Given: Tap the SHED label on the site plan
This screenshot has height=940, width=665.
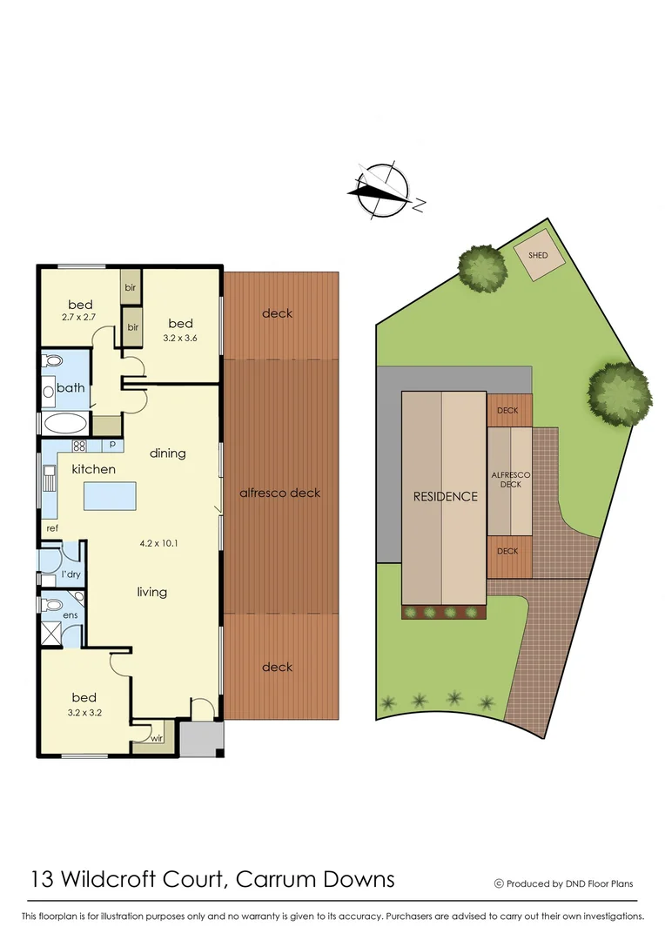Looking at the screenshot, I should pyautogui.click(x=538, y=255).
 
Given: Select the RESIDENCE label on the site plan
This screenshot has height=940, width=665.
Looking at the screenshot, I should pyautogui.click(x=445, y=497).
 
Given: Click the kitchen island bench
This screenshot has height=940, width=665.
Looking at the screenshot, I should pyautogui.click(x=110, y=496).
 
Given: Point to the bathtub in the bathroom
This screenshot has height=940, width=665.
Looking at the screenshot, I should pyautogui.click(x=64, y=424).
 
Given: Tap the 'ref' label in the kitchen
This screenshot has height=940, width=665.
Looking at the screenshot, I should pyautogui.click(x=51, y=527).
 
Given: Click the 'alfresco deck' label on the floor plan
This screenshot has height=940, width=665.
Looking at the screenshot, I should pyautogui.click(x=279, y=493).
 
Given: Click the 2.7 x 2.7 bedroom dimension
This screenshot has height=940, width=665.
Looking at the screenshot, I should pyautogui.click(x=80, y=319).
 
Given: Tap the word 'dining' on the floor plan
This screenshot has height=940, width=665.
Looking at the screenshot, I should pyautogui.click(x=167, y=453).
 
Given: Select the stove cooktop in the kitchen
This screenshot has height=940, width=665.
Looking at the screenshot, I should pyautogui.click(x=79, y=446).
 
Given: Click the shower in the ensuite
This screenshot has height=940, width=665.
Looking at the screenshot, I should pyautogui.click(x=52, y=632).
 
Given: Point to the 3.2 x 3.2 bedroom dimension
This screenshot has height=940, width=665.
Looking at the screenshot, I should pyautogui.click(x=84, y=712).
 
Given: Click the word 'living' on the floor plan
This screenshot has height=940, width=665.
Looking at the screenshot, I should pyautogui.click(x=151, y=592).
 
